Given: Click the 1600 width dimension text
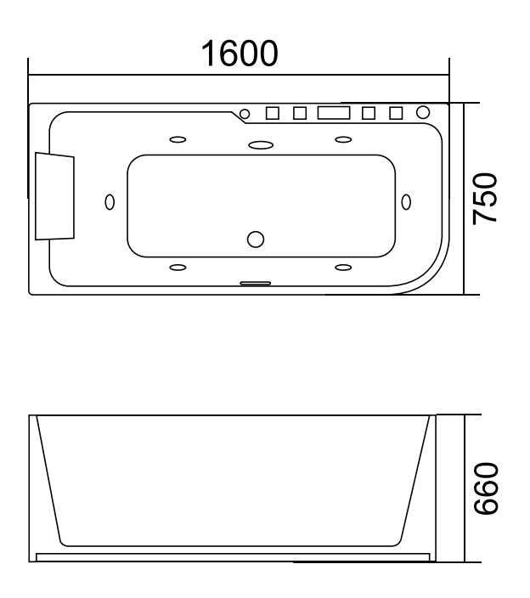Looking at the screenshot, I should point(239,54).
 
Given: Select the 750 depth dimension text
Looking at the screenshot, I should point(485,198).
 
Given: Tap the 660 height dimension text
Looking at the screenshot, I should point(485,488).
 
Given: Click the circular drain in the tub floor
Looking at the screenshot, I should point(256,240).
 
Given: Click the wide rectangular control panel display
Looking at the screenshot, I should point(334,113).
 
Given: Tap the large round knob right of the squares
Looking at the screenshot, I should point(422,112).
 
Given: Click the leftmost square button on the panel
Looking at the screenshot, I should point(273,113).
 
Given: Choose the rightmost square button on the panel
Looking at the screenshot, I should point(395,113).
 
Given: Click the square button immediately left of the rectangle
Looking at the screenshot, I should point(300,113).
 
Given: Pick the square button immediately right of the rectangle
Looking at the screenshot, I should point(369,113).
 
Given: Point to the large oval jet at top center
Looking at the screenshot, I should point(261,144).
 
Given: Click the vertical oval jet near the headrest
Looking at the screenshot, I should point(109,201).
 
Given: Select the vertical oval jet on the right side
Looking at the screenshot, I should point(405,201).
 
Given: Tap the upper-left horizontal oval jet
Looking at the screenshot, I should point(178,139).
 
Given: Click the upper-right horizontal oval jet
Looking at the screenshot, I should point(343,139).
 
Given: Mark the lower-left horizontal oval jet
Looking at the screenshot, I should point(178,268).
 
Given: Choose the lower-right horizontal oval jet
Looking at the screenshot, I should point(343,268).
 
